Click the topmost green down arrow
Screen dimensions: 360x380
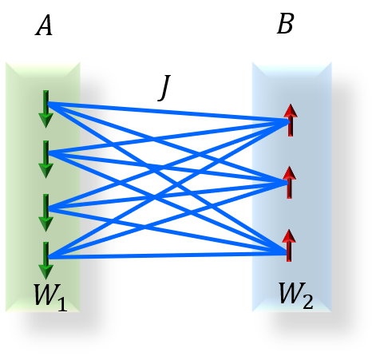pos(46,109)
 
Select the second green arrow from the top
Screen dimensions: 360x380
pos(46,159)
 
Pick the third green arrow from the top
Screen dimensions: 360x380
pos(46,212)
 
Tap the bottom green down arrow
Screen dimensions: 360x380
pos(46,260)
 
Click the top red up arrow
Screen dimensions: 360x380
pos(290,120)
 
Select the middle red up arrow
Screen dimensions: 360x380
pos(289,182)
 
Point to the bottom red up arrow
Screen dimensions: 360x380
pos(289,245)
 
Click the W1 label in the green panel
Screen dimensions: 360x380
pos(49,295)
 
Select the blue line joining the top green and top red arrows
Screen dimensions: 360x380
pos(168,112)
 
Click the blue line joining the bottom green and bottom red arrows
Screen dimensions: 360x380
pos(168,255)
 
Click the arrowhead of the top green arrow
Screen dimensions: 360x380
pos(46,121)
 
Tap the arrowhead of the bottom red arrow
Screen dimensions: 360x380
pos(289,235)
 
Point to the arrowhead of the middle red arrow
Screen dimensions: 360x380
pos(289,172)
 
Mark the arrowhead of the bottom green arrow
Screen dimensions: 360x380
pos(46,271)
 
